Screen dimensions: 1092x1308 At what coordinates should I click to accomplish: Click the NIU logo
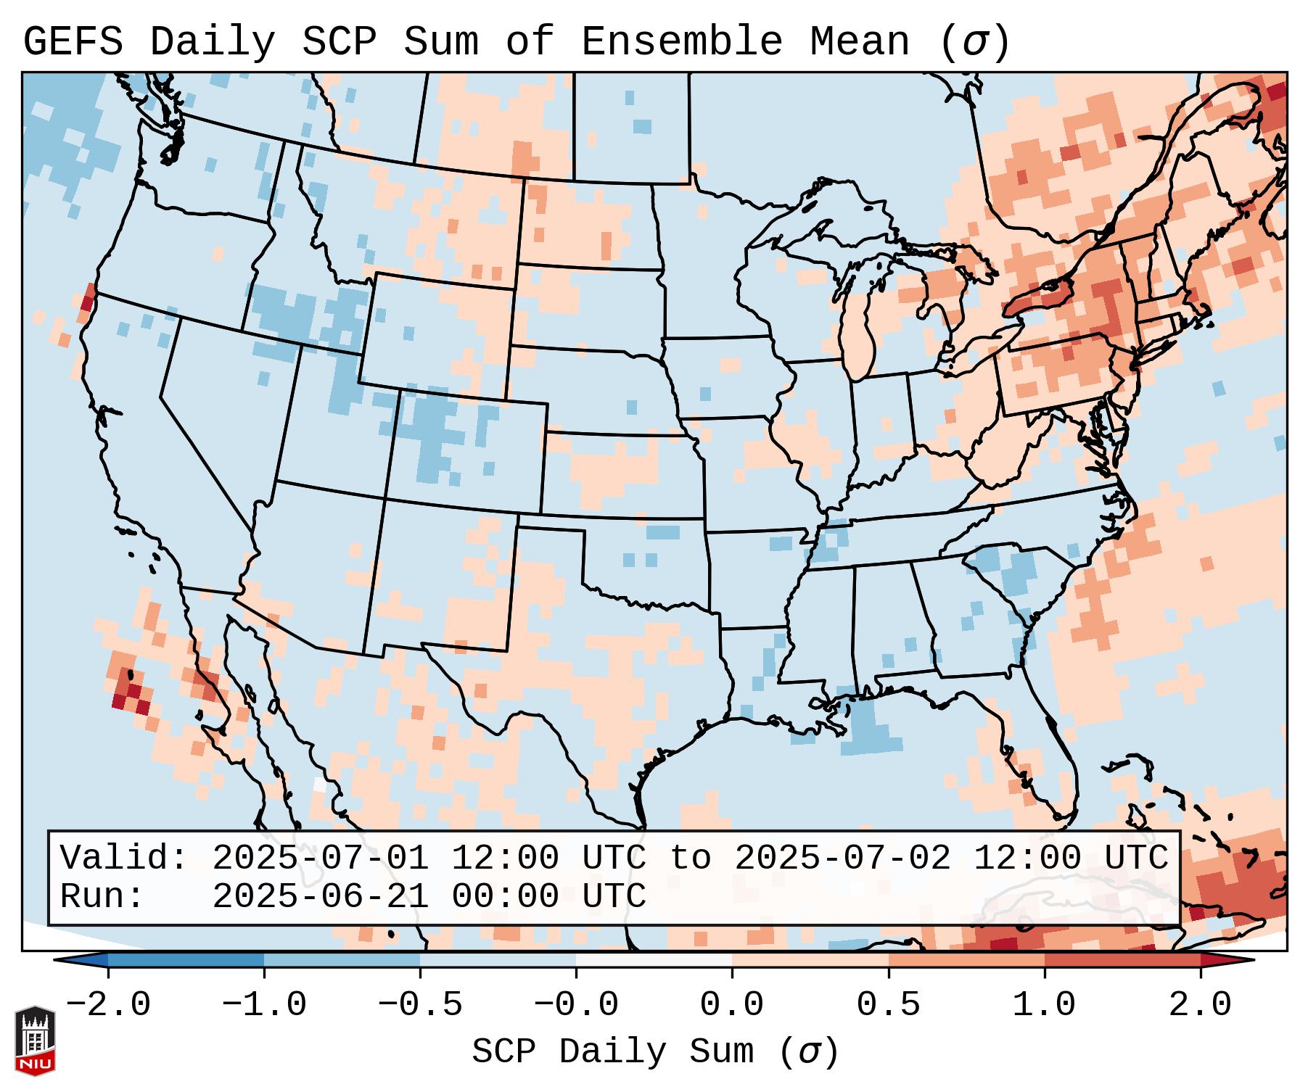point(35,1040)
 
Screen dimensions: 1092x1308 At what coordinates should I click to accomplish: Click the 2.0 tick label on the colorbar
point(1201,1005)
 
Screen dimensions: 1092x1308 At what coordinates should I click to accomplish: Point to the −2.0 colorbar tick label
point(108,1005)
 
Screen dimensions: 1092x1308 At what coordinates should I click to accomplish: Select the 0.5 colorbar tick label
point(889,1005)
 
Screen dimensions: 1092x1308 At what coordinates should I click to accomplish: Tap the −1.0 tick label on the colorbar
point(264,1005)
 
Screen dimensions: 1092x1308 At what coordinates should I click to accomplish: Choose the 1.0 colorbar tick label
point(1045,1005)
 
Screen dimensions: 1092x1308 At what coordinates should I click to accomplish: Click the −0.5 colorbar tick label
point(420,1005)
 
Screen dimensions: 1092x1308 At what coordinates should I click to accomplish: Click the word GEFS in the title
point(73,42)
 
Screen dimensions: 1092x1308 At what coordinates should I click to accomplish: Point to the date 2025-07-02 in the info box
point(842,858)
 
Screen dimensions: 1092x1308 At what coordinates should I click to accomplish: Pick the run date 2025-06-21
point(320,896)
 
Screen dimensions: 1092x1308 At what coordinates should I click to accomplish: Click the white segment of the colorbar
point(654,960)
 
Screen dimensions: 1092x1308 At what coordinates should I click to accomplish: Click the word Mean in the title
point(860,42)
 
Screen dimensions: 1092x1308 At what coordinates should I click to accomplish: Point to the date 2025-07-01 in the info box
point(320,858)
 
